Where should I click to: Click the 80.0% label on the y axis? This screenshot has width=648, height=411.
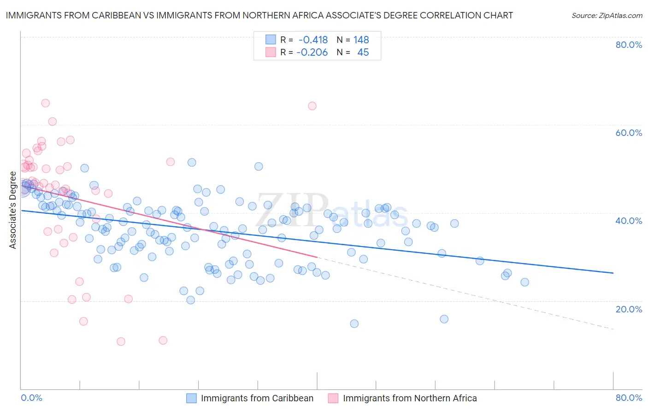pyautogui.click(x=629, y=45)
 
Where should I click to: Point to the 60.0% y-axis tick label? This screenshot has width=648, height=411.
pyautogui.click(x=629, y=133)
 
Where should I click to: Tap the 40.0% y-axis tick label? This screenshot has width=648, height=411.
pyautogui.click(x=629, y=221)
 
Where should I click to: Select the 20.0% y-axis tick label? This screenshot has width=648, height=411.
pyautogui.click(x=629, y=309)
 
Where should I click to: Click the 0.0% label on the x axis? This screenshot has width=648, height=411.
pyautogui.click(x=31, y=398)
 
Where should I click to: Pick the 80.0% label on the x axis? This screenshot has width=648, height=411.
pyautogui.click(x=629, y=398)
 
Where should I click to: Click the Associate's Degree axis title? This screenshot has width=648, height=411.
pyautogui.click(x=13, y=210)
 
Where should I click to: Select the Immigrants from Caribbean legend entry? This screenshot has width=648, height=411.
pyautogui.click(x=257, y=398)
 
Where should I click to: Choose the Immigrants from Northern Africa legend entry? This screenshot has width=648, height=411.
pyautogui.click(x=410, y=398)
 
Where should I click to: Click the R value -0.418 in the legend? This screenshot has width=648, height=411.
pyautogui.click(x=313, y=40)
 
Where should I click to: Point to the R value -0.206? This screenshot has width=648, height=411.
pyautogui.click(x=312, y=53)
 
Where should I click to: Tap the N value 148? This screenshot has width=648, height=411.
pyautogui.click(x=361, y=40)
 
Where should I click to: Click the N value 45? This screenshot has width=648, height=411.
pyautogui.click(x=363, y=53)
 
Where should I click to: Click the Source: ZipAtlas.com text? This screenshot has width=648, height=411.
pyautogui.click(x=607, y=16)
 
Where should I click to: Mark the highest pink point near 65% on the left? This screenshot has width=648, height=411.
pyautogui.click(x=45, y=103)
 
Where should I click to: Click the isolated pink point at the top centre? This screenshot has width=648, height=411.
pyautogui.click(x=312, y=106)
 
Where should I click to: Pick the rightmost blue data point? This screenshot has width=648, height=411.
pyautogui.click(x=524, y=282)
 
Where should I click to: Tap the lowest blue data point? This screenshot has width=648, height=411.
pyautogui.click(x=354, y=323)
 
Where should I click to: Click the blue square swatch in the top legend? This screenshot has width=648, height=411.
pyautogui.click(x=271, y=40)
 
